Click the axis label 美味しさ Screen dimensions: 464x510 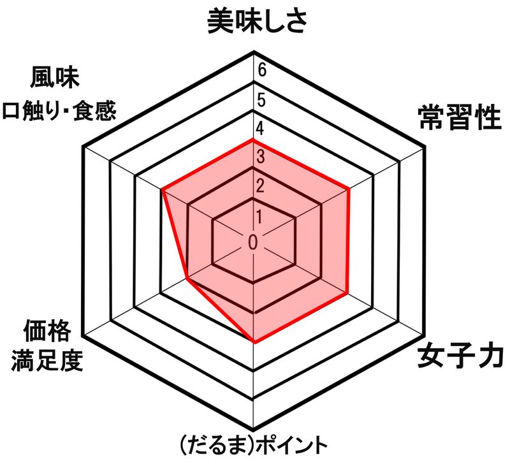pyautogui.click(x=258, y=20)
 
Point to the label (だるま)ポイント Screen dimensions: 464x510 pyautogui.click(x=255, y=444)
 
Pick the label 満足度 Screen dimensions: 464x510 pyautogui.click(x=47, y=361)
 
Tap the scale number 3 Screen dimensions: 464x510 pyautogui.click(x=260, y=157)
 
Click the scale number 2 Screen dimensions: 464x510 pyautogui.click(x=260, y=185)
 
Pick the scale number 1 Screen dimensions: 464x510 pyautogui.click(x=260, y=215)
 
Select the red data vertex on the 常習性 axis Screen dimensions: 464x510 pyautogui.click(x=350, y=189)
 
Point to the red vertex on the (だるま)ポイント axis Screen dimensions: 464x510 pyautogui.click(x=254, y=342)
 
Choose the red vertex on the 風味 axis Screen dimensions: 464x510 pyautogui.click(x=163, y=189)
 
